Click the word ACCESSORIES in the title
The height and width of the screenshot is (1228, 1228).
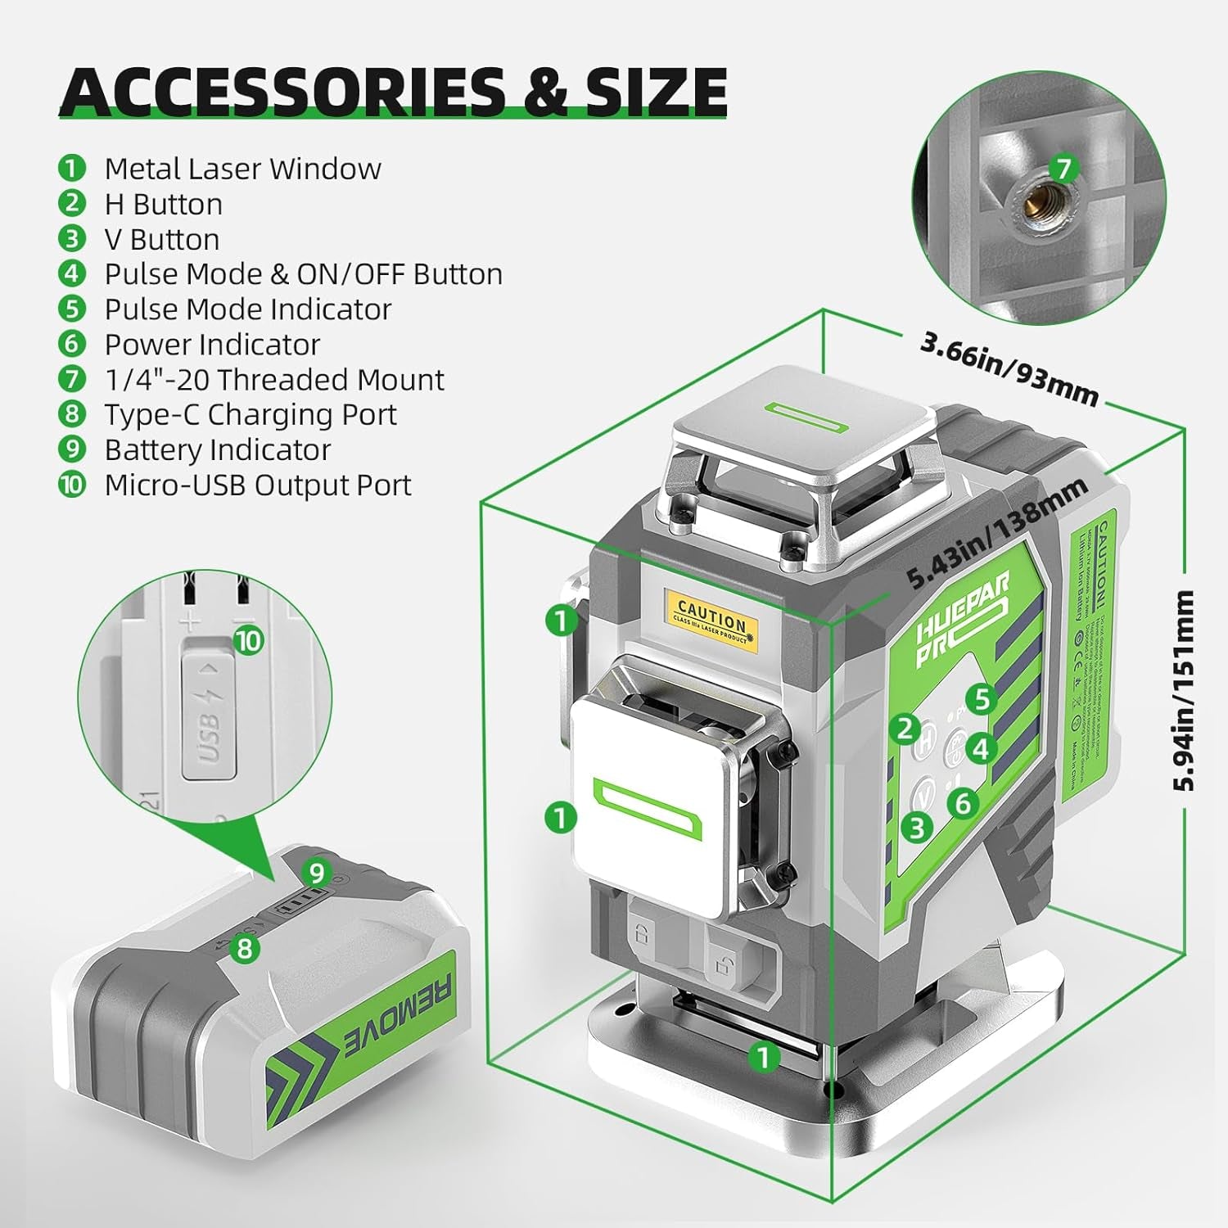tap(282, 92)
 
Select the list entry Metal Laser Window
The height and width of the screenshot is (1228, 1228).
tap(242, 169)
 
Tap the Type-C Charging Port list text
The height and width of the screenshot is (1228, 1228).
tap(250, 414)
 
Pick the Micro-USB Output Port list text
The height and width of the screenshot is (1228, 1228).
tap(257, 485)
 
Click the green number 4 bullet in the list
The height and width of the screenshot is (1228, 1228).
tap(72, 273)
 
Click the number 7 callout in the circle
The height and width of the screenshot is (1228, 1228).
tap(1063, 169)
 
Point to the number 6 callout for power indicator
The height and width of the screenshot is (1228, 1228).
tap(963, 803)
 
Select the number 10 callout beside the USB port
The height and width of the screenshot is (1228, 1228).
tap(248, 639)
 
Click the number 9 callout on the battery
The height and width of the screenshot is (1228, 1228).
tap(317, 873)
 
